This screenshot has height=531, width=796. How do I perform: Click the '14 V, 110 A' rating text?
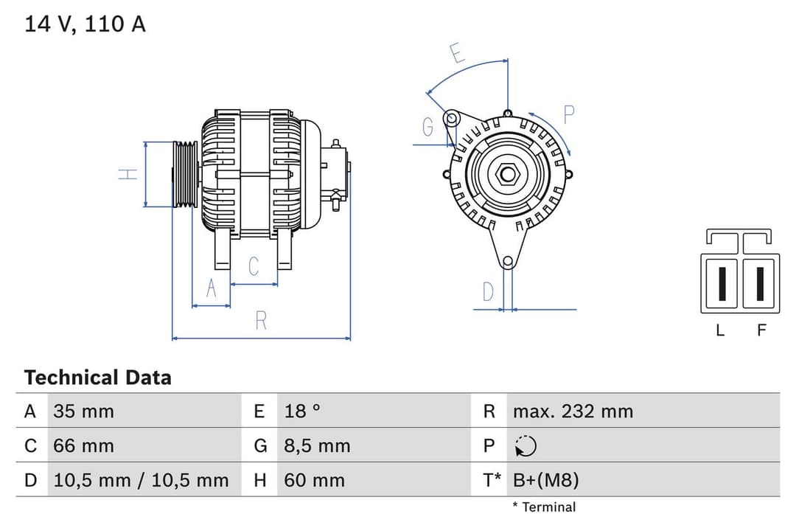point(85,24)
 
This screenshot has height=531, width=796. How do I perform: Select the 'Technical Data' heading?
point(97,378)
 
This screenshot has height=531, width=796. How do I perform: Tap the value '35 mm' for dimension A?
point(83,411)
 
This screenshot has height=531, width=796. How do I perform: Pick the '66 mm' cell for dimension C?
point(83,445)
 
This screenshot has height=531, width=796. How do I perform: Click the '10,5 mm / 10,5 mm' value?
point(141,481)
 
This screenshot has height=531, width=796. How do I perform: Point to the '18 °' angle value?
point(302,411)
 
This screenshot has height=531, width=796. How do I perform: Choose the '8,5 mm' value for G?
point(317,445)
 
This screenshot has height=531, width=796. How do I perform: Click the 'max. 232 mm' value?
point(573,411)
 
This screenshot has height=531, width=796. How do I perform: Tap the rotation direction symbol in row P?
point(526,446)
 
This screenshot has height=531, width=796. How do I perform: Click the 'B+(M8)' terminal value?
point(545,481)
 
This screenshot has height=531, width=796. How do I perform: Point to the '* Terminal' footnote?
point(544,507)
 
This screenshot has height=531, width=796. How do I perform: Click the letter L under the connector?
point(720,330)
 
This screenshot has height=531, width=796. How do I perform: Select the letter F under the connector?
point(761,330)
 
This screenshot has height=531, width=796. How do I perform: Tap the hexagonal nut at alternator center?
point(508,175)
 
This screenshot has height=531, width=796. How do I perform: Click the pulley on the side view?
point(185,174)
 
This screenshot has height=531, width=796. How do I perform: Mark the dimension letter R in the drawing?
point(261,321)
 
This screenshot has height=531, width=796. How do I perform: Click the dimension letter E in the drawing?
point(456,54)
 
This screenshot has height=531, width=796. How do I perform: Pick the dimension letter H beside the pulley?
point(128,174)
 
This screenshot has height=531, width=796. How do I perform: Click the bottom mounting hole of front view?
point(507,261)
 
